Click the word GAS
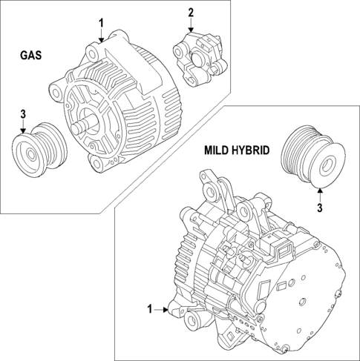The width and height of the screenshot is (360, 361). click(31, 56)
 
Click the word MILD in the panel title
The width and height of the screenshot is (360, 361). click(219, 150)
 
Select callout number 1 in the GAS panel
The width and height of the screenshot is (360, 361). click(102, 23)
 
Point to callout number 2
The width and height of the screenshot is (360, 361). click(190, 13)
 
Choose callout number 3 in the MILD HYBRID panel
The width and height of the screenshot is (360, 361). click(320, 209)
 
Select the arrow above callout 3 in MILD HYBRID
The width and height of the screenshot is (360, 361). click(320, 194)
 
